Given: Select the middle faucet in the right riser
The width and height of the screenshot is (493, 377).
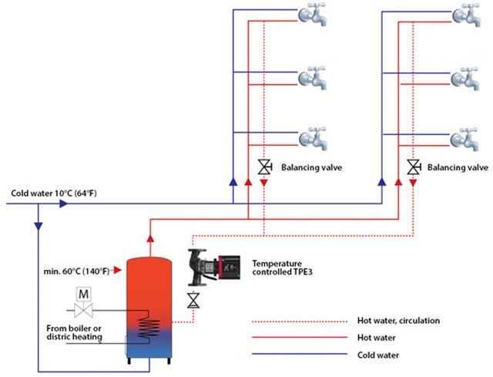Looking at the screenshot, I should (x=465, y=77).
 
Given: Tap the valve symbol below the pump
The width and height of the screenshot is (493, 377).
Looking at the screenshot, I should (x=193, y=300).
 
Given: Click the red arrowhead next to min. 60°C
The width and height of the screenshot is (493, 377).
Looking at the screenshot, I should (x=117, y=270).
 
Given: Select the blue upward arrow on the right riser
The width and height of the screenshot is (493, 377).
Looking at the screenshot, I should (x=382, y=183).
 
